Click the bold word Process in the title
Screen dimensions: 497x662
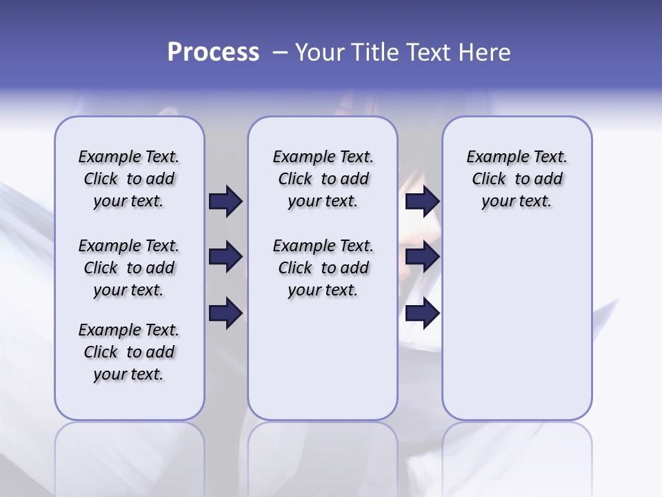[x=213, y=52]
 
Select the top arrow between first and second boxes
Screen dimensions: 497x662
[x=225, y=201]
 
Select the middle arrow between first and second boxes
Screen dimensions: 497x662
[x=225, y=257]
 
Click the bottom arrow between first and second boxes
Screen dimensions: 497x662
[x=225, y=313]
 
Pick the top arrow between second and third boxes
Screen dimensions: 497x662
[x=422, y=201]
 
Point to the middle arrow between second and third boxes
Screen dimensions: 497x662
[x=422, y=257]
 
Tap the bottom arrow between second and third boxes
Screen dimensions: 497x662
[x=422, y=313]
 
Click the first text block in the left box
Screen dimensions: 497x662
[x=129, y=179]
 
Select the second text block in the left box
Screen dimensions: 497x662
[x=129, y=268]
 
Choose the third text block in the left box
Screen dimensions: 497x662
[x=129, y=352]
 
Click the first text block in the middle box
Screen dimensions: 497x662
[x=323, y=179]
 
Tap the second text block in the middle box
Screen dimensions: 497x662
[x=323, y=268]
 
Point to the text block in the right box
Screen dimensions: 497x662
[x=516, y=179]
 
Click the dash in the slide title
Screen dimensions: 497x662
[x=280, y=52]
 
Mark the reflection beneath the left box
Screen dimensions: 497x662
[x=129, y=456]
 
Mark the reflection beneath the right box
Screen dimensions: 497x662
[x=516, y=456]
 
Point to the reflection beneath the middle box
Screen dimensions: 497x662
[x=323, y=456]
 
